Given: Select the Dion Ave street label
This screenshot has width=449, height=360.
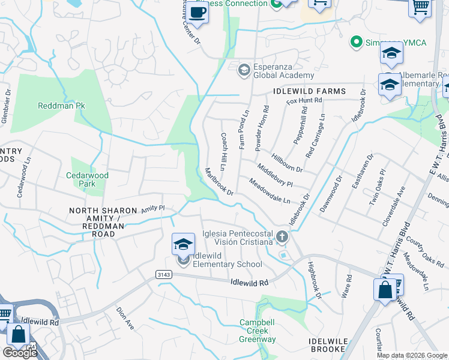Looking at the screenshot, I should pyautogui.click(x=124, y=318).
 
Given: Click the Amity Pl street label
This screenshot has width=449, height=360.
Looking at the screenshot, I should pyautogui.click(x=152, y=208).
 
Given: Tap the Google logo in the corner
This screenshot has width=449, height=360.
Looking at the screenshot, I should pyautogui.click(x=19, y=353).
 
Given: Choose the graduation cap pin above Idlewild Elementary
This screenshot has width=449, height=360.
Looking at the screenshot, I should pyautogui.click(x=183, y=244).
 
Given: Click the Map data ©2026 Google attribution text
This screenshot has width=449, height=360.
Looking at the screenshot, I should pyautogui.click(x=411, y=355).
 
